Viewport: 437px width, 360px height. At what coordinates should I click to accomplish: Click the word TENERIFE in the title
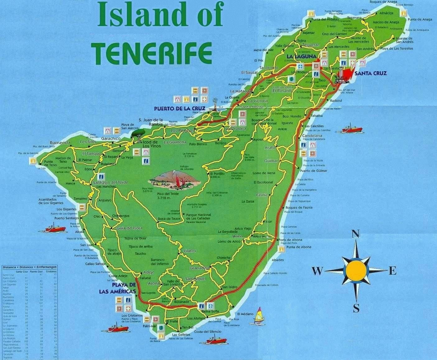[153, 53]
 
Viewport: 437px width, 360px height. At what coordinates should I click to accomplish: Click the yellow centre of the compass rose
[356, 271]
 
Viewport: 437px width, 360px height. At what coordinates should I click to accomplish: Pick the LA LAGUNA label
[301, 56]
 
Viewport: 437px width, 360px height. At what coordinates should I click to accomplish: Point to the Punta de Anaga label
[420, 19]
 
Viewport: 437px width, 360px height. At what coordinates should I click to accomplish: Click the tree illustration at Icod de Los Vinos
[137, 134]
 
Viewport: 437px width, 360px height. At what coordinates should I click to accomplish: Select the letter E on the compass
[393, 271]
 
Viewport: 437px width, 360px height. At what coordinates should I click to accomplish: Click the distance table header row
[30, 267]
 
